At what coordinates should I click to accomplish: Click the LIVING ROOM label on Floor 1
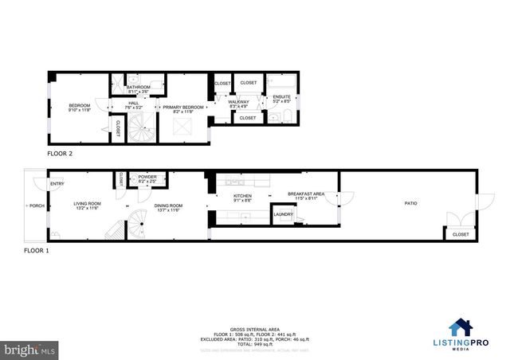85,204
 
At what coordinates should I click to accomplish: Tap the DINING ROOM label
167,204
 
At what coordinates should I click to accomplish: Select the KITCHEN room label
242,196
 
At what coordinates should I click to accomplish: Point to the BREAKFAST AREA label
306,194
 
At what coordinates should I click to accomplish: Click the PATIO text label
409,204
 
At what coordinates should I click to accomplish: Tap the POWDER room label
147,177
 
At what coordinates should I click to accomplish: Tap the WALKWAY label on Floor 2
239,102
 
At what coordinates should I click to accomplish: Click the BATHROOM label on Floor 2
139,87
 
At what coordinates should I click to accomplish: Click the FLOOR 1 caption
36,250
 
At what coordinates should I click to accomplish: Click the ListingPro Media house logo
461,327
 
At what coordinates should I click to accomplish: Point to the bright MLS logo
29,350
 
